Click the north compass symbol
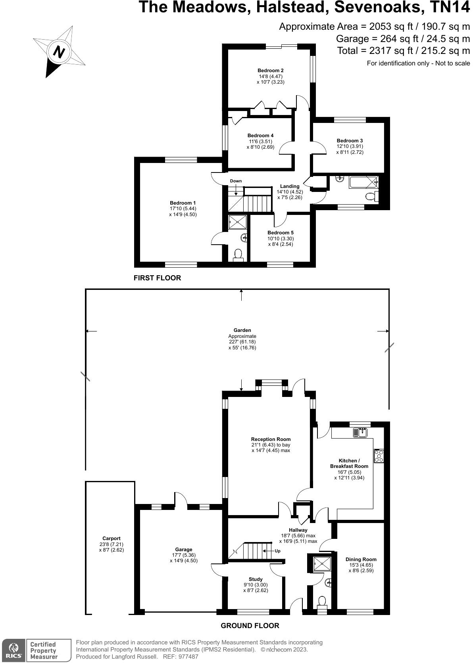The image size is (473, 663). pyautogui.click(x=59, y=52)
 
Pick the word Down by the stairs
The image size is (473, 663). pyautogui.click(x=236, y=181)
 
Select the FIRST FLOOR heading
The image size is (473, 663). pyautogui.click(x=157, y=278)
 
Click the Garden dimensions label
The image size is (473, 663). pyautogui.click(x=242, y=339)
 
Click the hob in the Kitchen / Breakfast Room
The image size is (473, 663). pyautogui.click(x=379, y=456)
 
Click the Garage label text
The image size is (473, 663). pyautogui.click(x=184, y=550)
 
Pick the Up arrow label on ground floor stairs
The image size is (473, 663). pyautogui.click(x=277, y=551)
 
